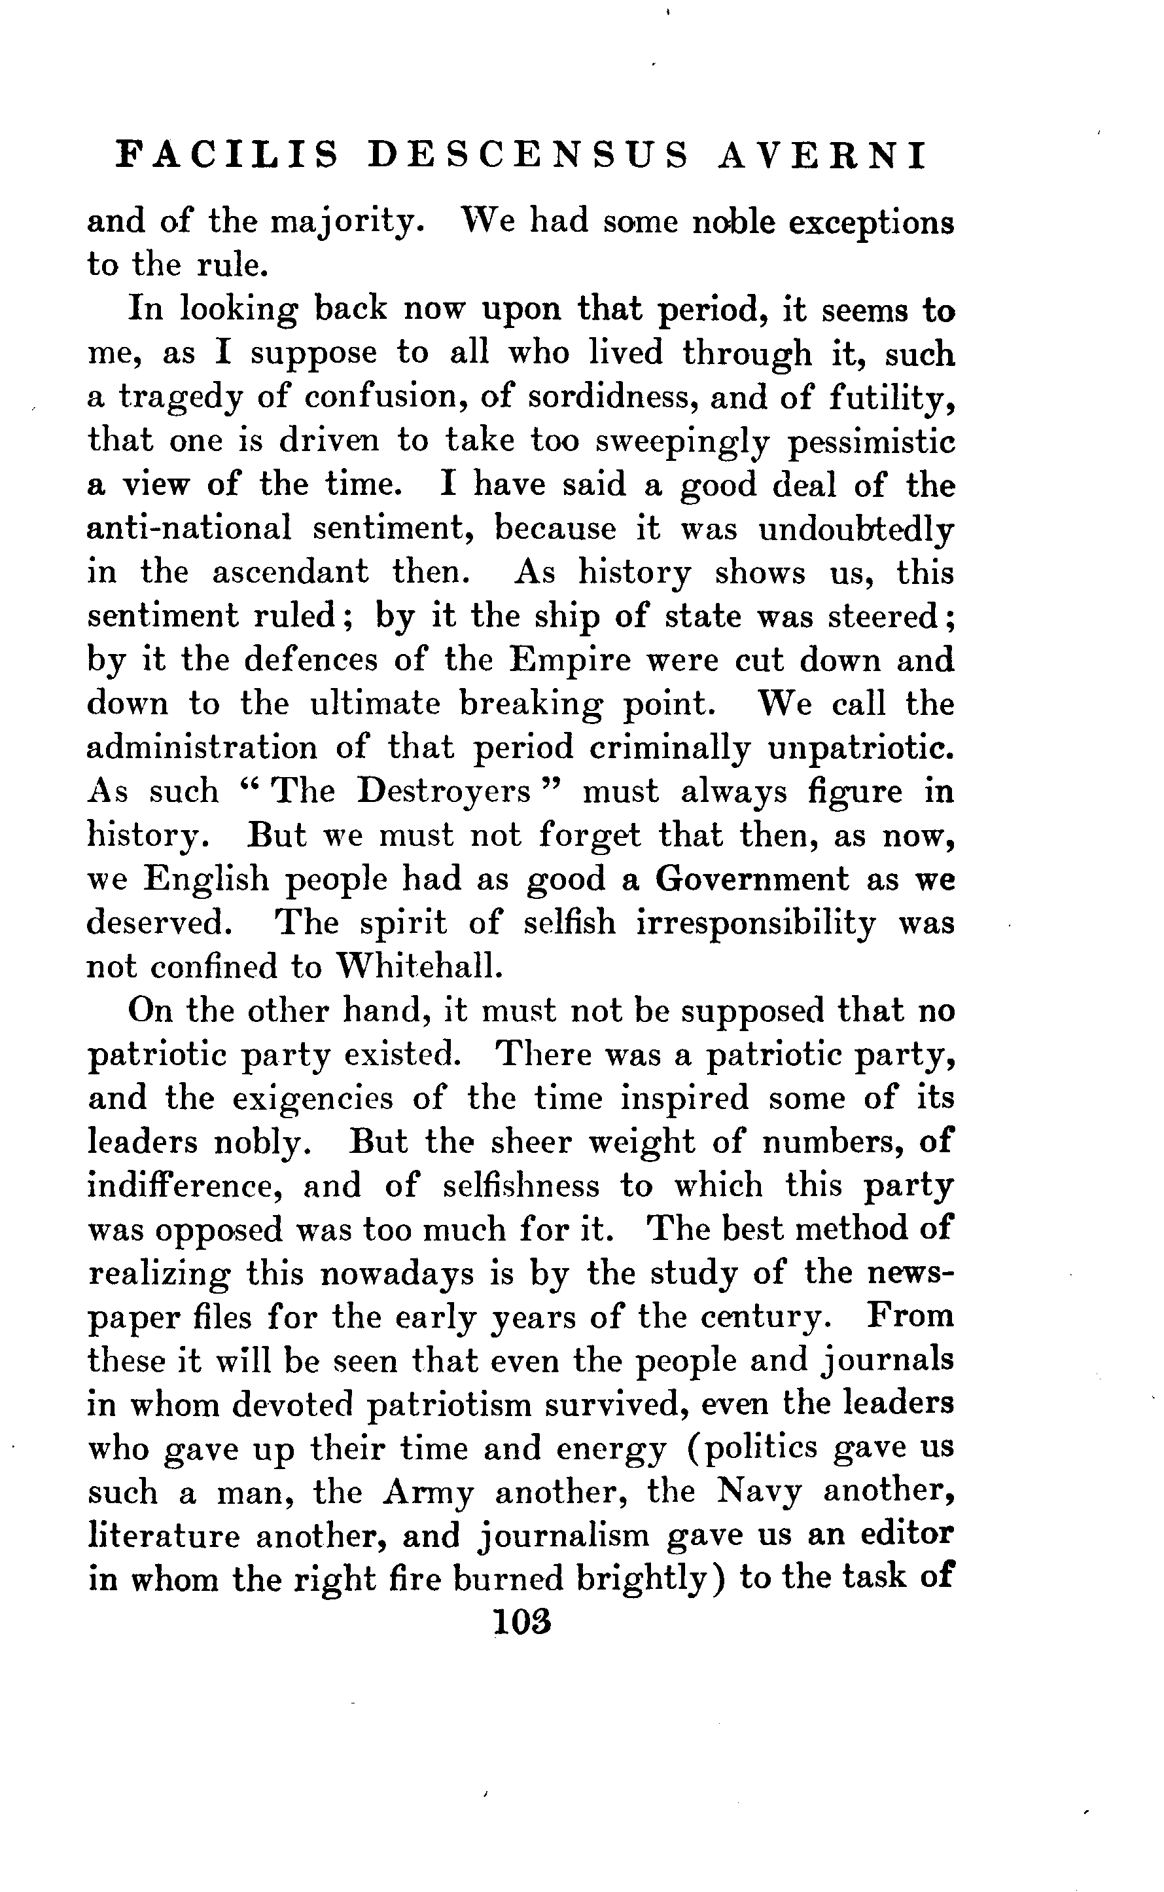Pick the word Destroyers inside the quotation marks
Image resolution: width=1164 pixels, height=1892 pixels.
click(x=445, y=791)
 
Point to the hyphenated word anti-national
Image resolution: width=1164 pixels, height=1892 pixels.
click(x=189, y=529)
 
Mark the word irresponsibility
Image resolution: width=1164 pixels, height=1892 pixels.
click(x=756, y=922)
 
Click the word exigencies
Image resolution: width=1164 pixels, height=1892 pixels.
click(x=313, y=1097)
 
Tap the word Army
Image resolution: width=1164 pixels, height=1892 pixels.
click(x=428, y=1491)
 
